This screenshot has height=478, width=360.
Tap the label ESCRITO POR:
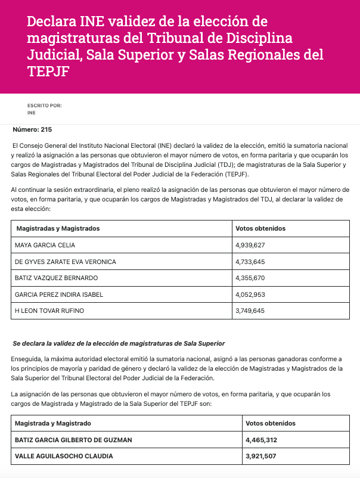44,105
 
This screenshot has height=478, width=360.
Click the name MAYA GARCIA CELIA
46,245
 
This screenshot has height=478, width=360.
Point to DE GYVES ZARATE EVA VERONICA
66,262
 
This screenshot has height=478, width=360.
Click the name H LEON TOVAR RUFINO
50,311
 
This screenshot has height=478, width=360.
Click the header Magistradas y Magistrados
58,228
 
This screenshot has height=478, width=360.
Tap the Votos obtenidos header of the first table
261,228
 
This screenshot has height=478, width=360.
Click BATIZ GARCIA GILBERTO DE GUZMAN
74,440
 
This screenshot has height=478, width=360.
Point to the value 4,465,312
261,440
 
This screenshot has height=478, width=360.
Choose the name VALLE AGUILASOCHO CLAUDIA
63,457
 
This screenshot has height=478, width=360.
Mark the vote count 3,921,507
261,457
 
